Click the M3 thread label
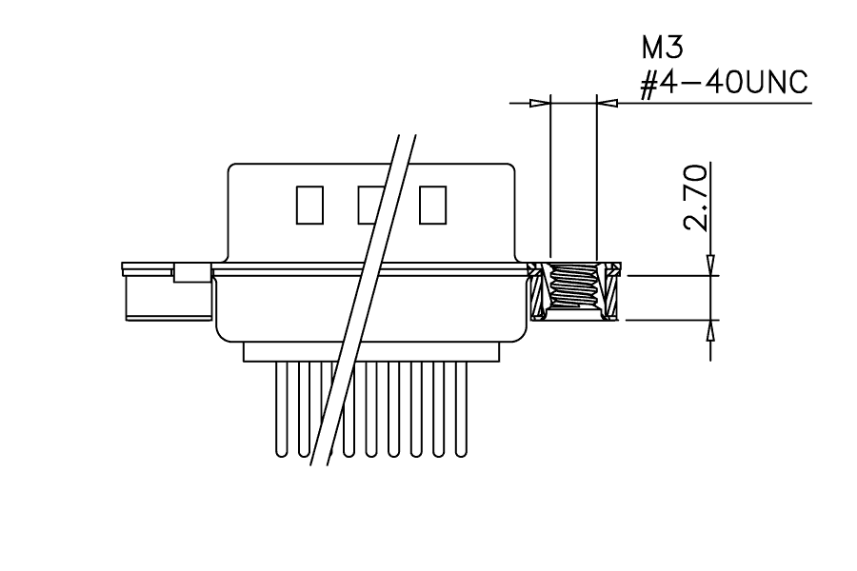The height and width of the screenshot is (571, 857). pos(663,48)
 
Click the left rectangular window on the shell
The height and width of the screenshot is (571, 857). pos(309,205)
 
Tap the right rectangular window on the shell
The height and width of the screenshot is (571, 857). pos(433,205)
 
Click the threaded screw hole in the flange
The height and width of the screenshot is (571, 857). pos(573,288)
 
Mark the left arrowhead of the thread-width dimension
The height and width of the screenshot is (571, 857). pos(540,103)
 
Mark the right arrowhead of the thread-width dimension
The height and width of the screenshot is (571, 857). pos(608,103)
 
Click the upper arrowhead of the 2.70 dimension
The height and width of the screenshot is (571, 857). pos(710,265)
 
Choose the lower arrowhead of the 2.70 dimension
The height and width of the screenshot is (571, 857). pos(710,330)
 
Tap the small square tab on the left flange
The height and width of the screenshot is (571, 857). pos(191,273)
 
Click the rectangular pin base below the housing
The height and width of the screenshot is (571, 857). pos(371,351)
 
